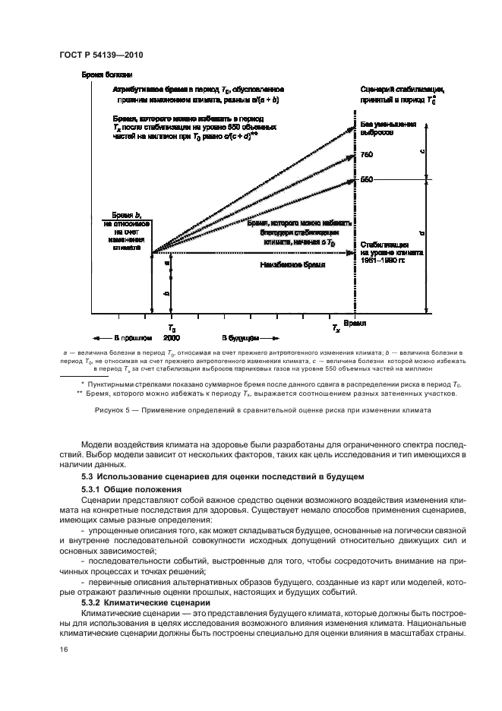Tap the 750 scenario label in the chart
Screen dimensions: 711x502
pos(367,155)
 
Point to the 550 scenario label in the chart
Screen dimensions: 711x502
pos(367,179)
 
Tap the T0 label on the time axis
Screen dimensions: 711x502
pos(172,327)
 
